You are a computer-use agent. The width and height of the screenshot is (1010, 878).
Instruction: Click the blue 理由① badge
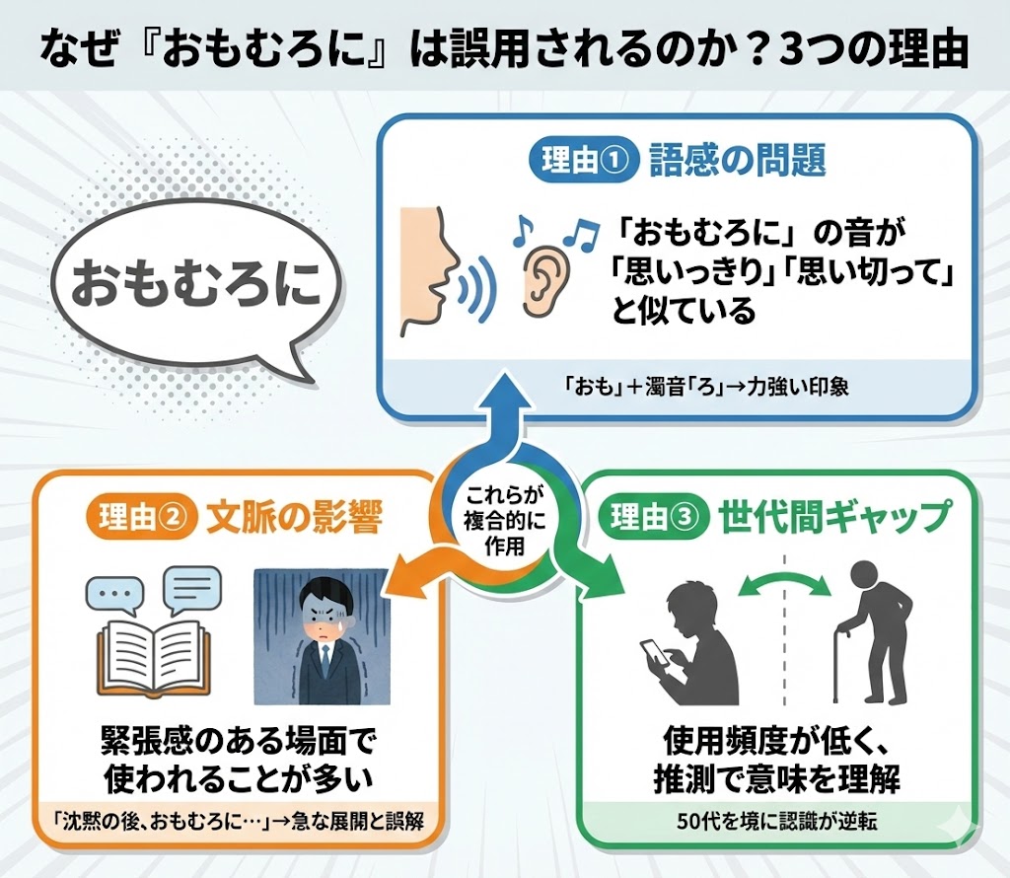[583, 161]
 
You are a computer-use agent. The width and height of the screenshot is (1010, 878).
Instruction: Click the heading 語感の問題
[737, 161]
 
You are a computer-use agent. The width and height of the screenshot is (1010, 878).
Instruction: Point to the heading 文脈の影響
[293, 518]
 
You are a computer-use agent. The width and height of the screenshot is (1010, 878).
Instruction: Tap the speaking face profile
[431, 270]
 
